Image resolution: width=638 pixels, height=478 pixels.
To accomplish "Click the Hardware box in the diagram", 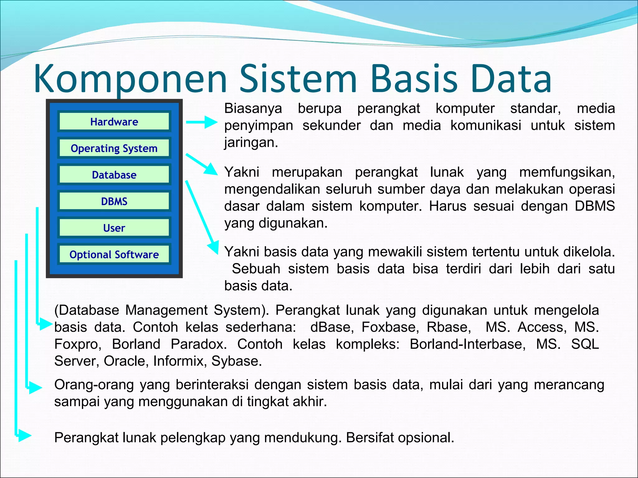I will pos(114,121).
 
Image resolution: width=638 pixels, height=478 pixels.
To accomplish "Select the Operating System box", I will pos(114,148).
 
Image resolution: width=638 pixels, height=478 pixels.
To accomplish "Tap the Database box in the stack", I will pos(114,175).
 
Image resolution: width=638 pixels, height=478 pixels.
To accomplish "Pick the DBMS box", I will pos(114,201).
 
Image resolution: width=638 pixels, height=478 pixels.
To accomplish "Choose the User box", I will pos(114,228).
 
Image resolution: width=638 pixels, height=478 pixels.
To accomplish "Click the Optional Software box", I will pos(114,254).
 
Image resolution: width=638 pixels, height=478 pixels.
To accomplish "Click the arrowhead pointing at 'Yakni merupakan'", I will pos(211,170).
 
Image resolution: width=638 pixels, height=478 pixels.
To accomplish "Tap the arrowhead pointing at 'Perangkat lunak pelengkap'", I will pos(24,435).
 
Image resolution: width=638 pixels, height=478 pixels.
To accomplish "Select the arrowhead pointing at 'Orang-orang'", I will pos(35,387).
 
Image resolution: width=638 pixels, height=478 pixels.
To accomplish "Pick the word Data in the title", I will pos(511,79).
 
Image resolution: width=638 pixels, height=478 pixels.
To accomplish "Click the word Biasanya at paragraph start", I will pos(253,109).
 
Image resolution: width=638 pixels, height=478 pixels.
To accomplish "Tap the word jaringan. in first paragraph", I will pos(251,143).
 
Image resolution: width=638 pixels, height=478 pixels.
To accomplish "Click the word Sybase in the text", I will pos(236,361).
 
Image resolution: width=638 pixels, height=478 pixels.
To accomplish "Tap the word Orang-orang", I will pos(94,385).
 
